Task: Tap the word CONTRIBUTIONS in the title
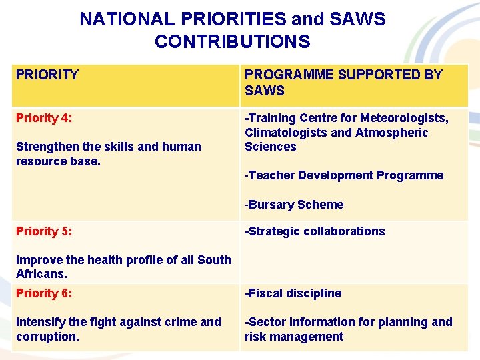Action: click(232, 42)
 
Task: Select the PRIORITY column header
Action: click(47, 75)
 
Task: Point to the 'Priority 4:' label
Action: click(44, 118)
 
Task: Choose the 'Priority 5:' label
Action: click(44, 231)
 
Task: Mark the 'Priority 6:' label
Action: click(44, 293)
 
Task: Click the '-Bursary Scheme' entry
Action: click(294, 205)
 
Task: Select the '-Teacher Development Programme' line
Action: click(343, 175)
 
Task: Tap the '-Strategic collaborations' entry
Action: click(315, 231)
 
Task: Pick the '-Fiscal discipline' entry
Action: click(293, 293)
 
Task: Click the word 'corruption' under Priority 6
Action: click(47, 337)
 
